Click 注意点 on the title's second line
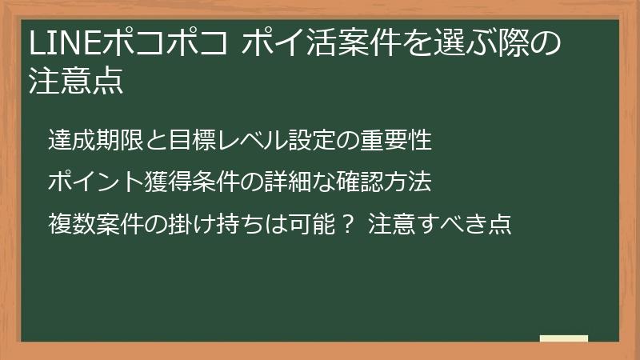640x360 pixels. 77,82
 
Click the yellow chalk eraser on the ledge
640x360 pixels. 563,338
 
